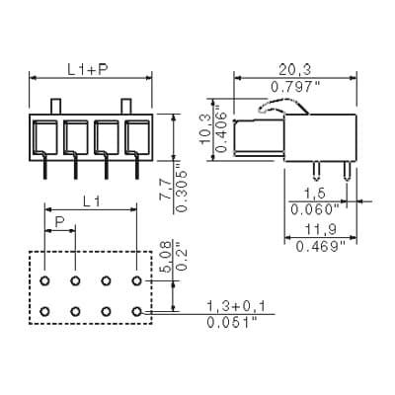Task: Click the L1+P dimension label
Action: [88, 69]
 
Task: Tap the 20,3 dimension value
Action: [295, 70]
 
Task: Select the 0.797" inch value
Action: [295, 87]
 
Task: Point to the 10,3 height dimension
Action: [205, 129]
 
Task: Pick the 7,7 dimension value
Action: [165, 190]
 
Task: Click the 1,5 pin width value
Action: [315, 194]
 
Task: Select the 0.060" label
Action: [315, 209]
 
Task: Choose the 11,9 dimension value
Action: [320, 230]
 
